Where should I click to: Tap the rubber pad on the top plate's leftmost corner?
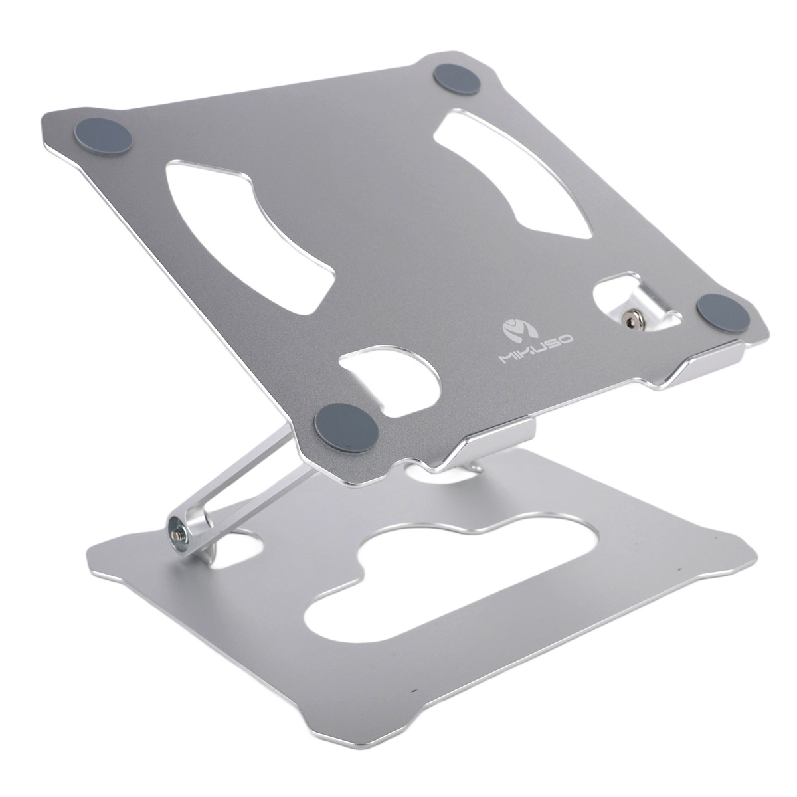point(103,136)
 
